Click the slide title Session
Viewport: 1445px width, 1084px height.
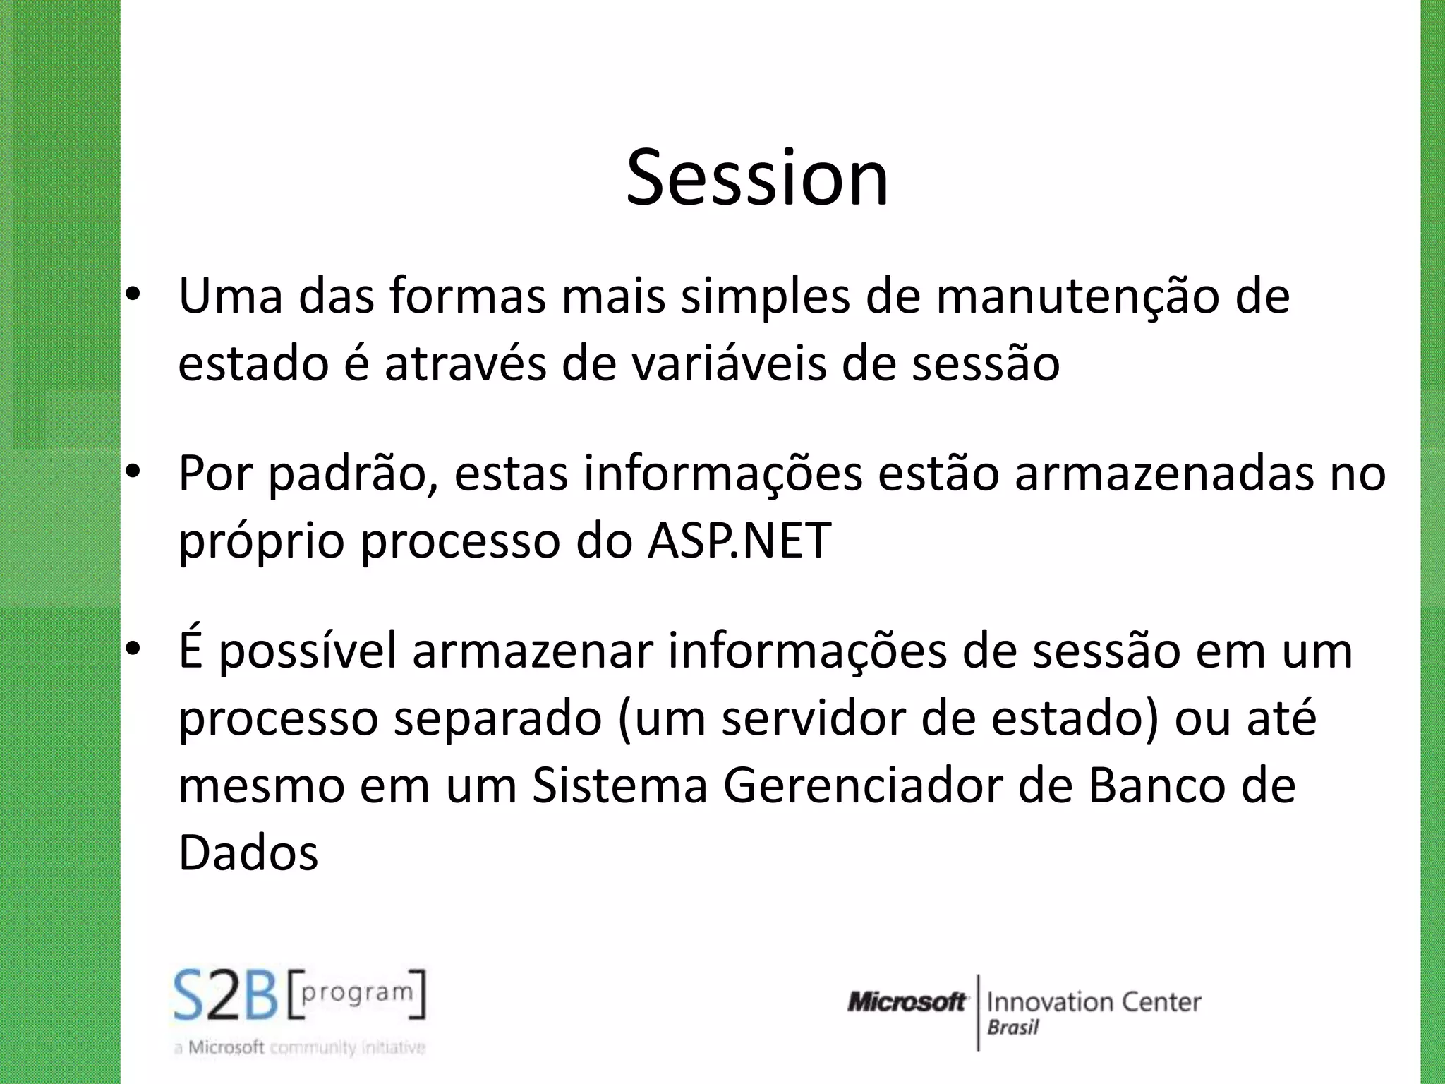757,178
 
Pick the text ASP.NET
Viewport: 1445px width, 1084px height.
739,541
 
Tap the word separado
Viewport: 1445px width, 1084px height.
497,719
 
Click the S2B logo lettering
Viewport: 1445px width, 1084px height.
226,996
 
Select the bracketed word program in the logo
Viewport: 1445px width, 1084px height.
356,993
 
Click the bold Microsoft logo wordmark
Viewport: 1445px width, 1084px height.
907,1002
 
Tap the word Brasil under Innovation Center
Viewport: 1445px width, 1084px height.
1012,1028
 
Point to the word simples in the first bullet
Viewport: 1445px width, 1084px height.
765,296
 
